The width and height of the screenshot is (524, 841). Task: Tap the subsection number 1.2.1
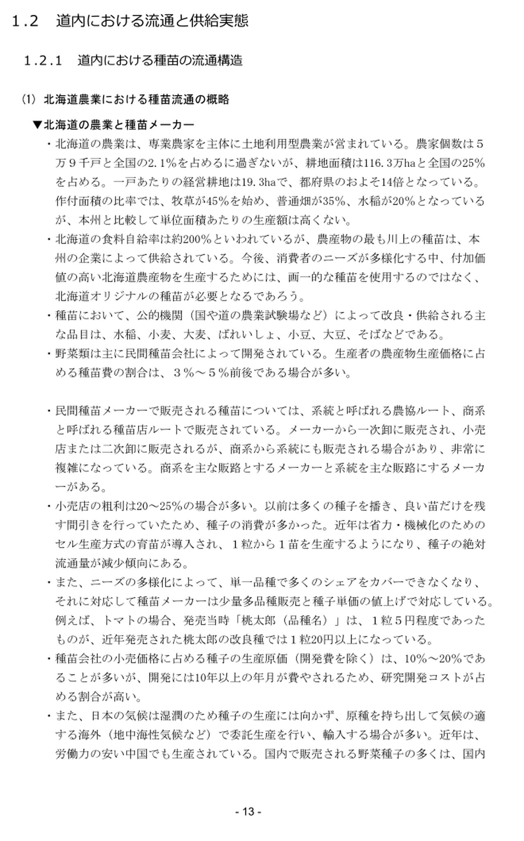coord(43,61)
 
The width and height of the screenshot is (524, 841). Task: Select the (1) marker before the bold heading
coord(29,99)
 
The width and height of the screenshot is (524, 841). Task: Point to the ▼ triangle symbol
coord(37,124)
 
